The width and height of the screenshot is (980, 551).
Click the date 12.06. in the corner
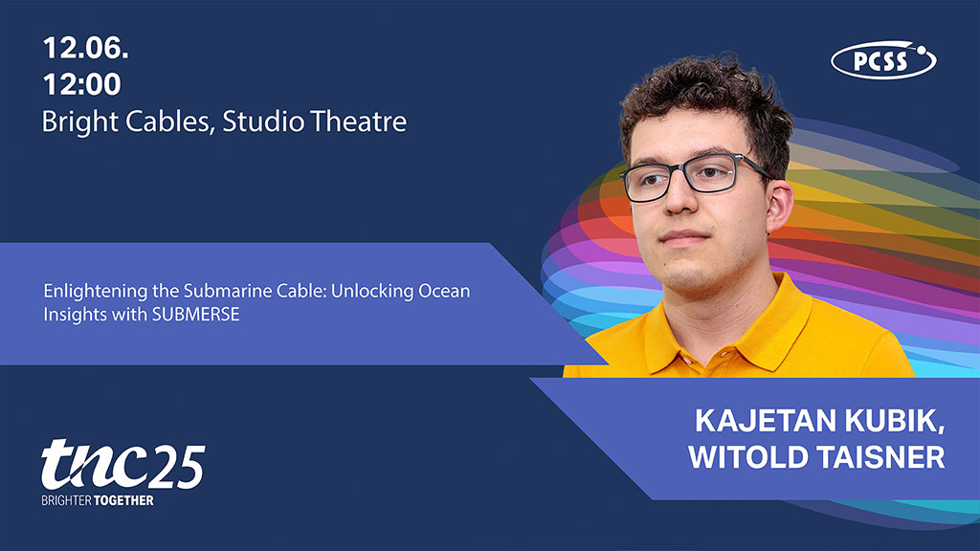(85, 48)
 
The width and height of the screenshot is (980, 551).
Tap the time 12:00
(82, 84)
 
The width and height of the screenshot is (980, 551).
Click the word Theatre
(359, 121)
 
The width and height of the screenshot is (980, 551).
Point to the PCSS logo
(883, 60)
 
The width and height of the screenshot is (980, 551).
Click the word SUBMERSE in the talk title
(195, 314)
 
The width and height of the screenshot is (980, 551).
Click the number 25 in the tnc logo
(177, 467)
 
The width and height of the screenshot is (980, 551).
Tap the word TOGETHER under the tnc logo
(123, 501)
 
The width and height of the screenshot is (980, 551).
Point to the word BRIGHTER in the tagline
(66, 501)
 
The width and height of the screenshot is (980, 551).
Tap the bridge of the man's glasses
(682, 171)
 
